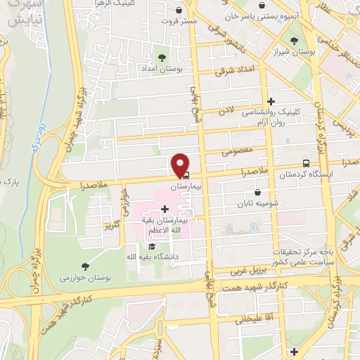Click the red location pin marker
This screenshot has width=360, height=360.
click(x=181, y=165)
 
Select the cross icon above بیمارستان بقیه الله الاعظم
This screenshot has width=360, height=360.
click(x=165, y=210)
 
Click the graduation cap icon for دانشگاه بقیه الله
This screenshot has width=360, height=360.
click(x=152, y=247)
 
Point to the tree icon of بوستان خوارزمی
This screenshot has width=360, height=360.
click(x=85, y=266)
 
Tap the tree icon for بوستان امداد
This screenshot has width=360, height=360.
click(x=162, y=57)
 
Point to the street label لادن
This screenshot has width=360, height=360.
click(x=225, y=111)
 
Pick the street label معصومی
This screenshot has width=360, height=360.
click(x=235, y=150)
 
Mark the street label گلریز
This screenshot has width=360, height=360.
click(x=108, y=226)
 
